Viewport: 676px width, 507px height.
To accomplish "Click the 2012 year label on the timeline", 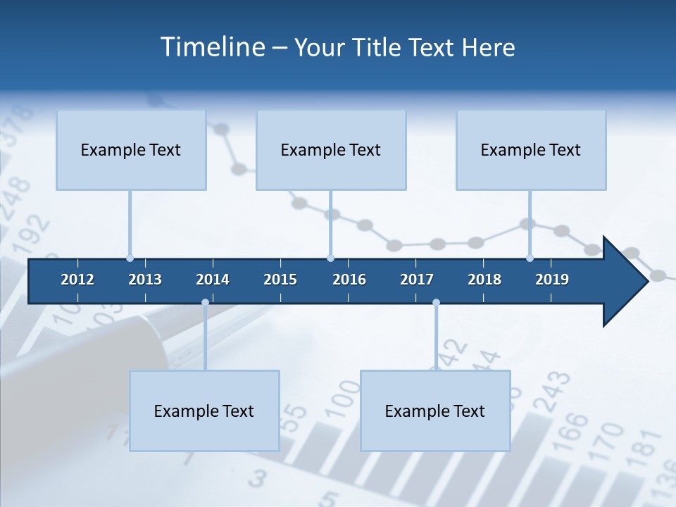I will (x=77, y=280).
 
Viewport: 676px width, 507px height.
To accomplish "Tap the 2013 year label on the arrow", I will (x=145, y=280).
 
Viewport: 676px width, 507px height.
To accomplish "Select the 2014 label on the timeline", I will (x=213, y=280).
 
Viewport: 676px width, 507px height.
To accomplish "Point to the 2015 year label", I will (x=280, y=280).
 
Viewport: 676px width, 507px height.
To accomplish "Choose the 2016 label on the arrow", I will (x=349, y=280).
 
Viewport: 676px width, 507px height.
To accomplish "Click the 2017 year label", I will (x=417, y=280).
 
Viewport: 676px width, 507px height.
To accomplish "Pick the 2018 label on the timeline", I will (x=484, y=280).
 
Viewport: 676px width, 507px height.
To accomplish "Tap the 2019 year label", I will (x=552, y=280).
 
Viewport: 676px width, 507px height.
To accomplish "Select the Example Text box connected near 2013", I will (x=131, y=150).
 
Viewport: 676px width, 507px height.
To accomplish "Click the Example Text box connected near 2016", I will (x=331, y=150).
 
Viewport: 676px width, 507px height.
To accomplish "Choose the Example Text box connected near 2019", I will (x=531, y=150).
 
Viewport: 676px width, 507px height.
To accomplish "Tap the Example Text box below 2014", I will (x=204, y=411).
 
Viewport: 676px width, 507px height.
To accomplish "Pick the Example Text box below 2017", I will (x=435, y=411).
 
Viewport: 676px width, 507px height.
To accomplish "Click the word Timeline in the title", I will (x=211, y=47).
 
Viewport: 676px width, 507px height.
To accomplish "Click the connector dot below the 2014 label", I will (x=205, y=303).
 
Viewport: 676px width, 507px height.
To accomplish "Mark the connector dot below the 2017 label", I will (x=436, y=303).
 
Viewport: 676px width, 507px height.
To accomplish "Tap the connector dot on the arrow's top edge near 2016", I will (x=330, y=258).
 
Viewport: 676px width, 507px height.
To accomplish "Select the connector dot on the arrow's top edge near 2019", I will (x=530, y=258).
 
